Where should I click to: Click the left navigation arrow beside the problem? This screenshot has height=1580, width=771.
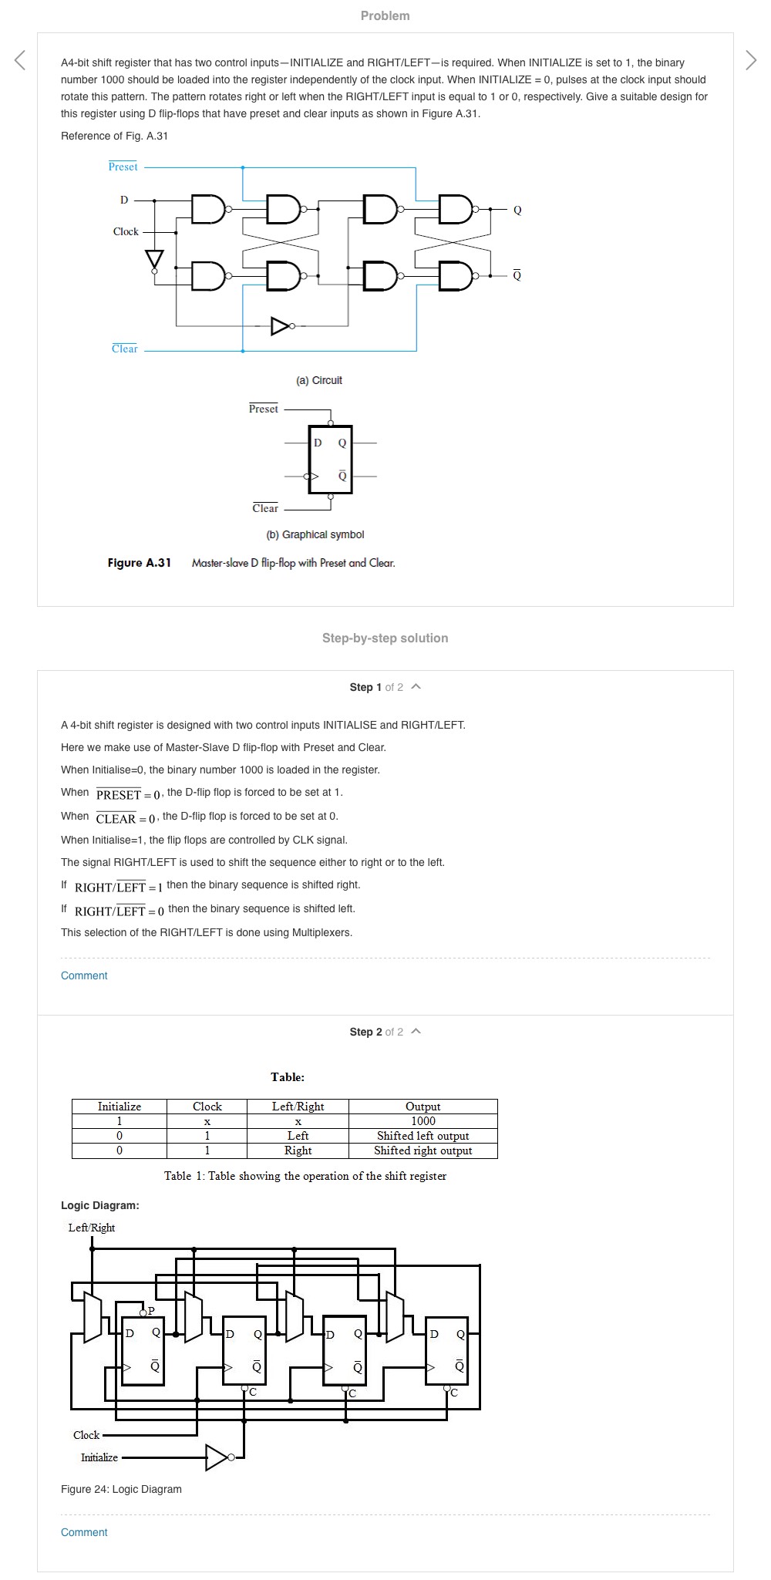20,60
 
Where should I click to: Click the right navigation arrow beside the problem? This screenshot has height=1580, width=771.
751,60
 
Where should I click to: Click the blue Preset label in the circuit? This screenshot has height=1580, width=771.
123,167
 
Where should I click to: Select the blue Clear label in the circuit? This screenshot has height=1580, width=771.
124,349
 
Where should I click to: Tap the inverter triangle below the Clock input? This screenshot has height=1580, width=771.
154,258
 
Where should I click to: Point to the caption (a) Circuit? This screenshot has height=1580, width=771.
319,380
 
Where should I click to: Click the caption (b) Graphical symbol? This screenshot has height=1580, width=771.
315,534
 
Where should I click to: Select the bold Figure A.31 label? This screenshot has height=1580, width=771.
140,563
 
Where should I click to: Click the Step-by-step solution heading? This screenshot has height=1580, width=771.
385,638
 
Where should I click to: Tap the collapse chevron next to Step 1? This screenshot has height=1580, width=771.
416,686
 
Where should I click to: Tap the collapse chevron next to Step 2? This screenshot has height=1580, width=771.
416,1031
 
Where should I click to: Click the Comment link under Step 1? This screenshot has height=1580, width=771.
84,975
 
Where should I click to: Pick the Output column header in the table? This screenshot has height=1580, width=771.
423,1107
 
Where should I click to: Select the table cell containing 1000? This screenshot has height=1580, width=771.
423,1121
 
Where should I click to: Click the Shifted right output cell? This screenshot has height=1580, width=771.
423,1150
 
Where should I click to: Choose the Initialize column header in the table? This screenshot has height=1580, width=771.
120,1107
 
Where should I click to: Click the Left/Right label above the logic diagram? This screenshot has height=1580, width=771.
92,1228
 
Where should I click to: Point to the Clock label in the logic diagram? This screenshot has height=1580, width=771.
86,1435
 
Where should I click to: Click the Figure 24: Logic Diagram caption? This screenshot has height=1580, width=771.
121,1489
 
